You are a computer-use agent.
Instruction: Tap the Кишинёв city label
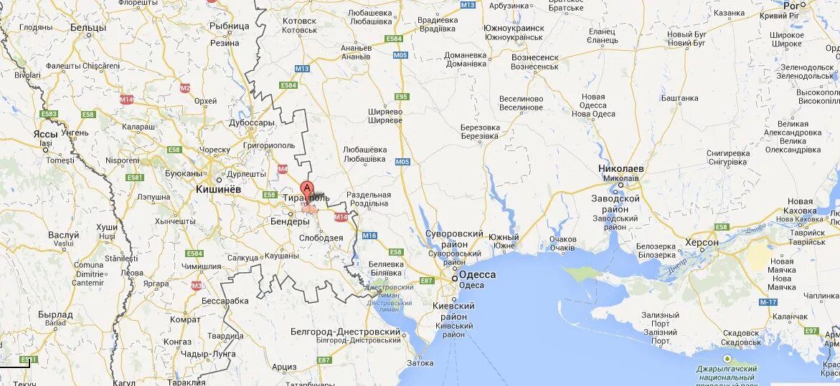pos(218,190)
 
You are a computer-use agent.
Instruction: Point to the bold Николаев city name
pos(621,168)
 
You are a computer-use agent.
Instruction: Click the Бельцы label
pos(88,27)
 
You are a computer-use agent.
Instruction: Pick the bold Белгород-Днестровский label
pos(346,332)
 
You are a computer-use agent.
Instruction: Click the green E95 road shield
pos(402,97)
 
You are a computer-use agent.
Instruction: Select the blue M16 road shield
pos(369,236)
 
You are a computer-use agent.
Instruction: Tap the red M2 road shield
pos(185,88)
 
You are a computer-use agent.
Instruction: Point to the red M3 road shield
pos(197,285)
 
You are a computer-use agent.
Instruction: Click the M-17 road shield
pos(768,301)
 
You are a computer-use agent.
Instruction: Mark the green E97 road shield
pos(811,331)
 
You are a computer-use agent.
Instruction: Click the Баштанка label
pos(679,98)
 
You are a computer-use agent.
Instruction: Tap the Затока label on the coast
pos(420,363)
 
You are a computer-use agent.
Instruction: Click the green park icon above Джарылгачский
pos(727,358)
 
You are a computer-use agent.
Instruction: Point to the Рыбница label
pos(229,25)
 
